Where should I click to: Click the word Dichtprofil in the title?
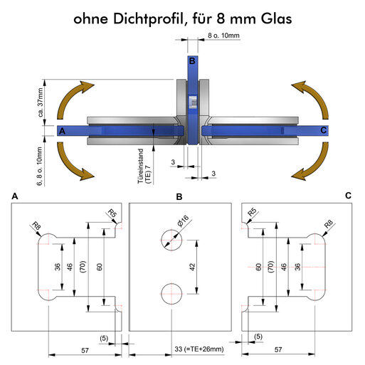click(148, 18)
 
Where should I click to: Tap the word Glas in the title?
click(277, 18)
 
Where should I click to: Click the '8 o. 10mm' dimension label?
click(223, 36)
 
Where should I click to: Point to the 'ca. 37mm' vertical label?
click(41, 102)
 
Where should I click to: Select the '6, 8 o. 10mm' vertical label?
click(39, 166)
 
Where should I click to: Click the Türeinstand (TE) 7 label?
click(144, 166)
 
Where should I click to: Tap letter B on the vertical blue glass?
click(192, 61)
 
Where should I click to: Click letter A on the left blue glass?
click(62, 131)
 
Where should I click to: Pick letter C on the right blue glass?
click(323, 130)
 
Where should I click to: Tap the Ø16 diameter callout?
click(183, 221)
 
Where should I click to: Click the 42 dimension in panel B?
click(192, 267)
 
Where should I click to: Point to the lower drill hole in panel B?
click(171, 294)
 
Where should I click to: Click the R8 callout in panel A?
click(36, 226)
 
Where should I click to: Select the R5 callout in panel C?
click(252, 212)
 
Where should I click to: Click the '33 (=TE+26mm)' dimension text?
click(199, 349)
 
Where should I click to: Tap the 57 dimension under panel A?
click(85, 350)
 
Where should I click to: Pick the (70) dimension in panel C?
click(271, 267)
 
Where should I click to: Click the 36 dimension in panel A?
click(58, 267)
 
